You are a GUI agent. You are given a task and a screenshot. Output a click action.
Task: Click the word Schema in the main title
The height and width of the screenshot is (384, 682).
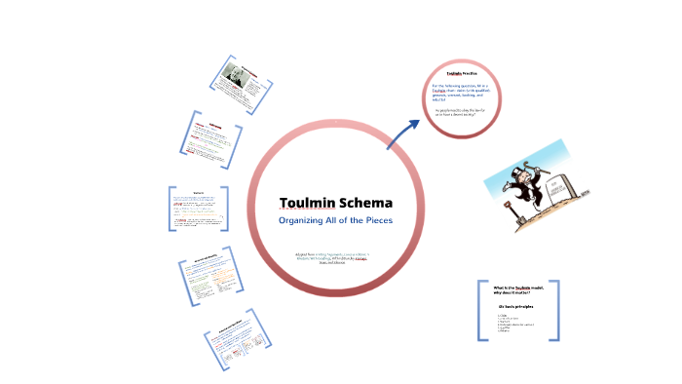365,204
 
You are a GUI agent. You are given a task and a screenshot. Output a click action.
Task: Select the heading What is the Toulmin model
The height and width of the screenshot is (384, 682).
517,289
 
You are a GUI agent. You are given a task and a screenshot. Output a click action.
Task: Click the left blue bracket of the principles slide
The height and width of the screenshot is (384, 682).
480,311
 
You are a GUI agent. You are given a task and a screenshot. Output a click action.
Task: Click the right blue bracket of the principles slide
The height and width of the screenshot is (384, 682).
557,311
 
